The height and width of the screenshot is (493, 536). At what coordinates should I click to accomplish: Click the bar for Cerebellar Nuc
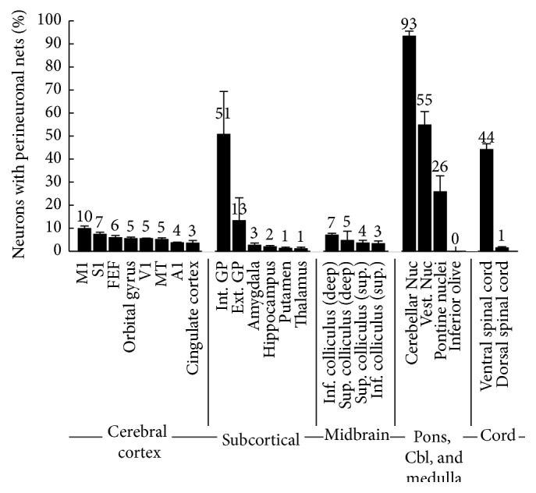409,144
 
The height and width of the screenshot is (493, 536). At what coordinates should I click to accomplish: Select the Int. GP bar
223,192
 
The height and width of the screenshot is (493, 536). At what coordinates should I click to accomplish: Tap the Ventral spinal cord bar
487,200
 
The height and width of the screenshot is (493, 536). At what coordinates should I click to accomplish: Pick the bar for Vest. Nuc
424,187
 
